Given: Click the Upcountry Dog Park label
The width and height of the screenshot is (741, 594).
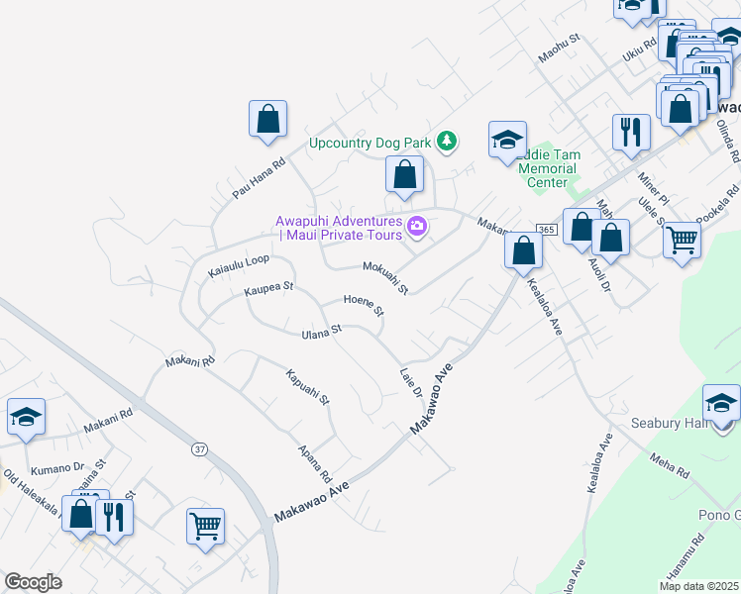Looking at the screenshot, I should coord(370,143).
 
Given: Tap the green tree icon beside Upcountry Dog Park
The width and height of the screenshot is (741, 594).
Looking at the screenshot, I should coord(448,142).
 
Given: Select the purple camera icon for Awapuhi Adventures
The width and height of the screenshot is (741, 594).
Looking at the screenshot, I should coord(417,228).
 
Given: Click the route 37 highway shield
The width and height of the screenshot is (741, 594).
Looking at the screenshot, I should coord(200,449).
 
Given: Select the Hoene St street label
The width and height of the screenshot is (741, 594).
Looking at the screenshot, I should coord(364,304).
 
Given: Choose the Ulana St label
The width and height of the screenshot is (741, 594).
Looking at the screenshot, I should coord(321,332).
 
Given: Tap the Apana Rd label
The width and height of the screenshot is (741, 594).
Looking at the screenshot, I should coord(315,462).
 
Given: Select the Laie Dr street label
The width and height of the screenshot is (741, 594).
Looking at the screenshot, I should coord(411,383).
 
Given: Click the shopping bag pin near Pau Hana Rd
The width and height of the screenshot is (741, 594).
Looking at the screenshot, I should coord(267,119).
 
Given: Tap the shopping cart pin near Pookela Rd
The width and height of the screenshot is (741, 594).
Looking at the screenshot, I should coord(682,240).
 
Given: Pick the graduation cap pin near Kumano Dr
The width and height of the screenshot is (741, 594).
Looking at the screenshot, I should coord(26,418).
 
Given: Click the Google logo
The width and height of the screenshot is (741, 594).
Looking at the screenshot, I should coord(33,581).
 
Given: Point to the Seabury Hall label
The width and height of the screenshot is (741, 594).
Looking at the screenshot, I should coord(667,424).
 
